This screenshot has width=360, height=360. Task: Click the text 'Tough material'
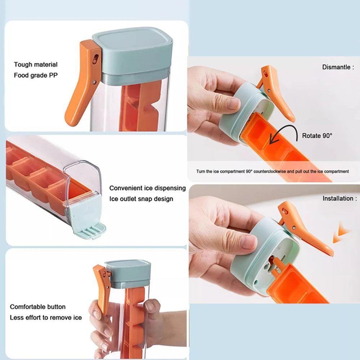coord(36,65)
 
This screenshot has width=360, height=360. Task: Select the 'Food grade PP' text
coord(36,76)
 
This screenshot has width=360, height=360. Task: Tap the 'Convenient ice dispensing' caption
coord(148,188)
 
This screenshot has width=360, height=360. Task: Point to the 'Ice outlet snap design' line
coord(141,199)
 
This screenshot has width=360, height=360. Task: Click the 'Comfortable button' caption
coord(38,307)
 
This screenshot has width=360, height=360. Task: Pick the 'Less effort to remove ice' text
coord(46,318)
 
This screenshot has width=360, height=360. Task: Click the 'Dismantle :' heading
coord(338,67)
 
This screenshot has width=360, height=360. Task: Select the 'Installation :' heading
coord(339,198)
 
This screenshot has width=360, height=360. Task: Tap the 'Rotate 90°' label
coord(317,136)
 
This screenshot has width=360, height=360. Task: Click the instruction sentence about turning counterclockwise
coord(273,171)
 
